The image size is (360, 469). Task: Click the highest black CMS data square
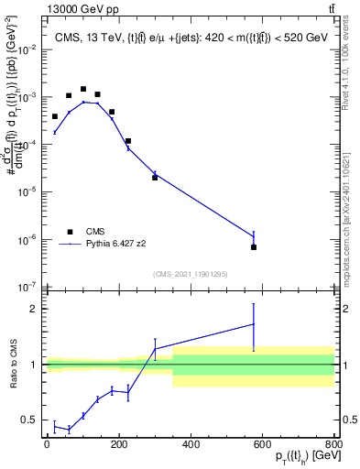pos(83,90)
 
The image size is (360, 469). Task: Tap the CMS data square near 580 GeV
pos(254,247)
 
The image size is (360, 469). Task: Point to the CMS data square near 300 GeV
pos(155,178)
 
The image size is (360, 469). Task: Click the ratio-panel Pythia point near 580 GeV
pos(254,323)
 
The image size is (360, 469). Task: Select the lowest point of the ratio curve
pos(69,429)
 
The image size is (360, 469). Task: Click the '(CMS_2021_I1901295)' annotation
pos(190,274)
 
